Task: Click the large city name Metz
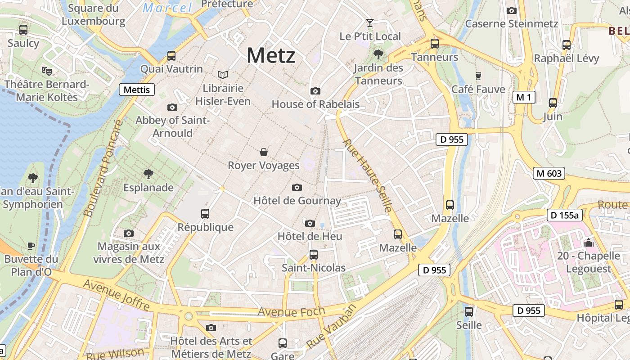click(271, 56)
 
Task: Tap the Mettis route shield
click(137, 90)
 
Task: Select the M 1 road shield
click(524, 97)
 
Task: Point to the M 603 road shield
click(549, 173)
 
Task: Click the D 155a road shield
click(565, 215)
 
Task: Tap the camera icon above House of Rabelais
click(315, 91)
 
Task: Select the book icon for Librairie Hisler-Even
click(223, 75)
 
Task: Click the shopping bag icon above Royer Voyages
click(264, 152)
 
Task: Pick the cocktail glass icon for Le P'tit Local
click(370, 22)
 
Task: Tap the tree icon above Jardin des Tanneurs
click(378, 55)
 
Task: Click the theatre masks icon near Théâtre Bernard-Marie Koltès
click(47, 71)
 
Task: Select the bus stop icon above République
click(205, 214)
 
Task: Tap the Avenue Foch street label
click(291, 311)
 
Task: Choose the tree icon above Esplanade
click(148, 174)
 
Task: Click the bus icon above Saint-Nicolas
click(314, 255)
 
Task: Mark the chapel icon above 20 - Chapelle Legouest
click(589, 243)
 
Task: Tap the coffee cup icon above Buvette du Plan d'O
click(31, 246)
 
